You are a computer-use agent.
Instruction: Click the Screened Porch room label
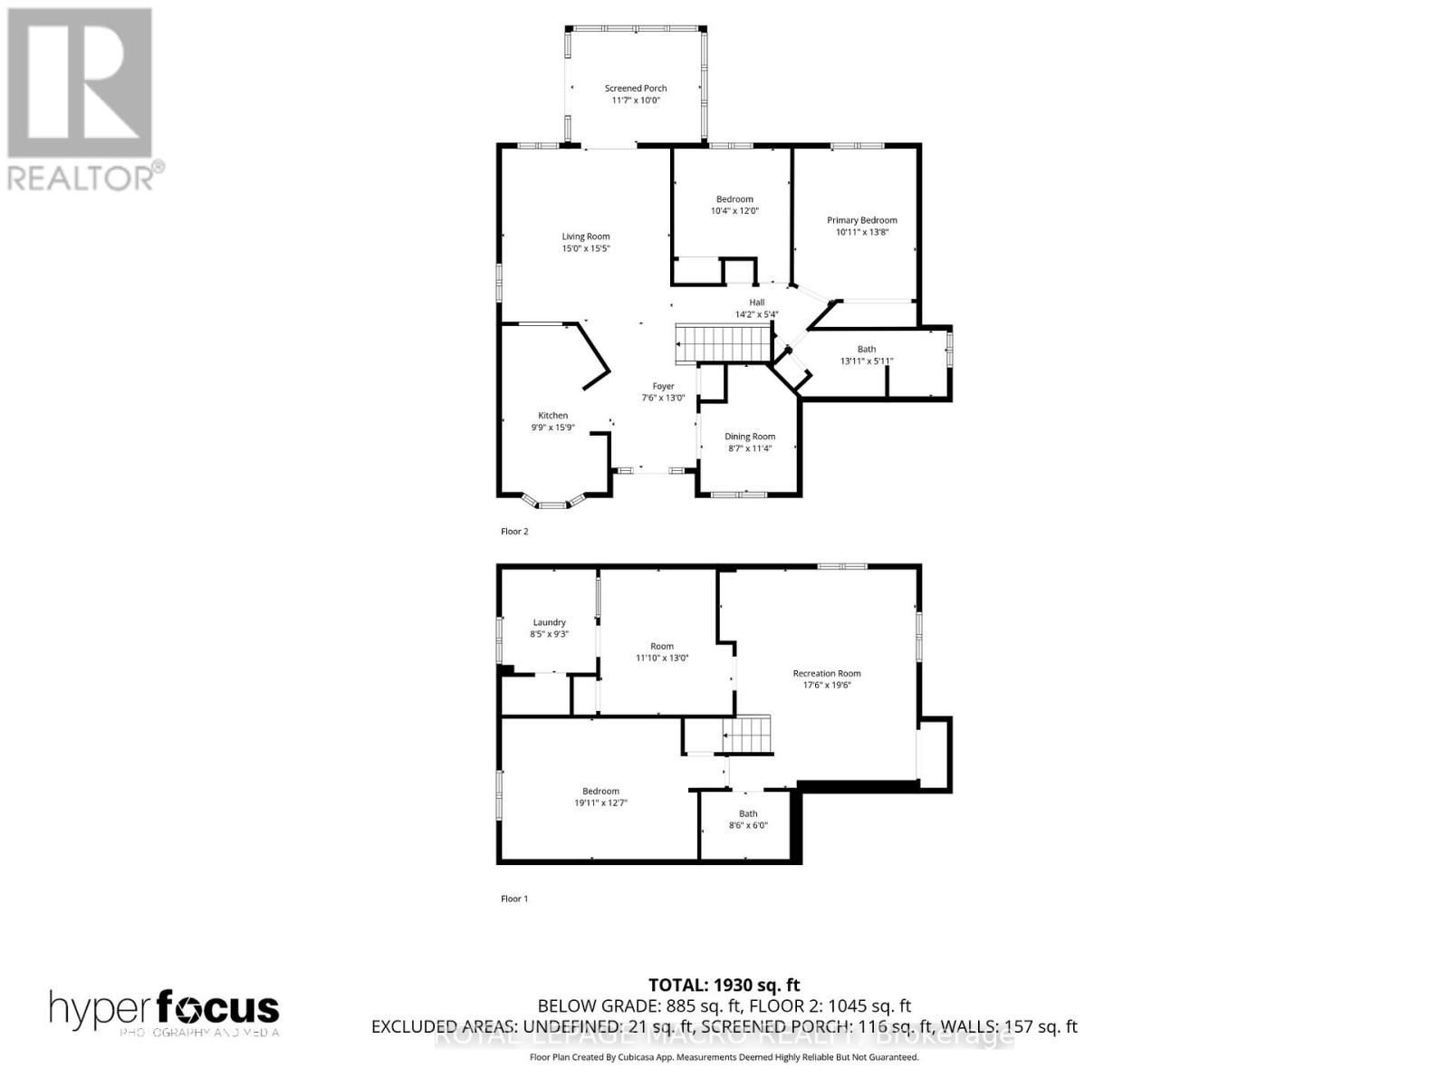pyautogui.click(x=636, y=88)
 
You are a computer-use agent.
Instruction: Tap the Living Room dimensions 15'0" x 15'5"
pyautogui.click(x=585, y=248)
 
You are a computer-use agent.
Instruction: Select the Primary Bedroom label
pyautogui.click(x=861, y=220)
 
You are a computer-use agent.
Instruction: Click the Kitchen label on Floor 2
pyautogui.click(x=552, y=416)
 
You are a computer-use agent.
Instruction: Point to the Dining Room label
pyautogui.click(x=750, y=437)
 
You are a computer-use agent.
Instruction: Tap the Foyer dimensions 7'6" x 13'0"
pyautogui.click(x=663, y=398)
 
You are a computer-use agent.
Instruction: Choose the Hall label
pyautogui.click(x=756, y=303)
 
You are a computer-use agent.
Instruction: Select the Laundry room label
pyautogui.click(x=549, y=622)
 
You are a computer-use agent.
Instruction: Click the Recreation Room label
pyautogui.click(x=826, y=673)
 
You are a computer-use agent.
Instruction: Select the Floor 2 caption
pyautogui.click(x=514, y=532)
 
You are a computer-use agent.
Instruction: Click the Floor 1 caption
pyautogui.click(x=513, y=899)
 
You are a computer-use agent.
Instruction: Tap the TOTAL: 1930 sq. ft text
pyautogui.click(x=724, y=985)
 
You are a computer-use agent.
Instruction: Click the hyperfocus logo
pyautogui.click(x=164, y=1009)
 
